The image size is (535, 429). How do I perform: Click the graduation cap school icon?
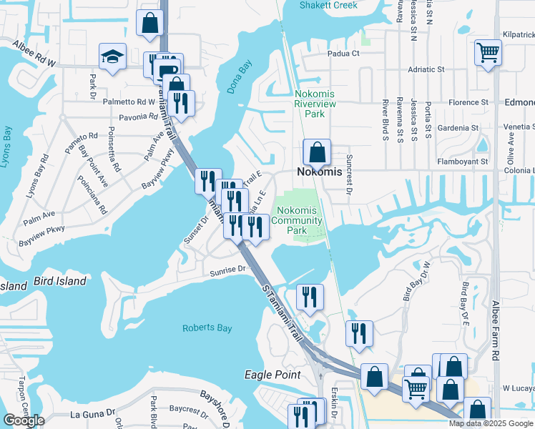pyautogui.click(x=113, y=56)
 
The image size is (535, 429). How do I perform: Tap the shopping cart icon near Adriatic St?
pyautogui.click(x=488, y=51)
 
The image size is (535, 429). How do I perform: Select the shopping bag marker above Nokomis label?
pyautogui.click(x=317, y=152)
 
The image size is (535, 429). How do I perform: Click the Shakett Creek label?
pyautogui.click(x=331, y=5)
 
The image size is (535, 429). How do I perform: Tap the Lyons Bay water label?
pyautogui.click(x=7, y=147)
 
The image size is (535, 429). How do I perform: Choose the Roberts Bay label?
pyautogui.click(x=207, y=328)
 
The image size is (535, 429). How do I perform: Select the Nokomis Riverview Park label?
pyautogui.click(x=315, y=104)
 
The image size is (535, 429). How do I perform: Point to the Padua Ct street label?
pyautogui.click(x=343, y=54)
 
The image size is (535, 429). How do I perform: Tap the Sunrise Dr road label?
pyautogui.click(x=228, y=270)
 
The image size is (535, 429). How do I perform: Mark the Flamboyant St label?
pyautogui.click(x=463, y=162)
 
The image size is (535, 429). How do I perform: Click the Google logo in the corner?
pyautogui.click(x=24, y=420)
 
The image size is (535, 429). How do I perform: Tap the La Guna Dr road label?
pyautogui.click(x=92, y=413)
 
